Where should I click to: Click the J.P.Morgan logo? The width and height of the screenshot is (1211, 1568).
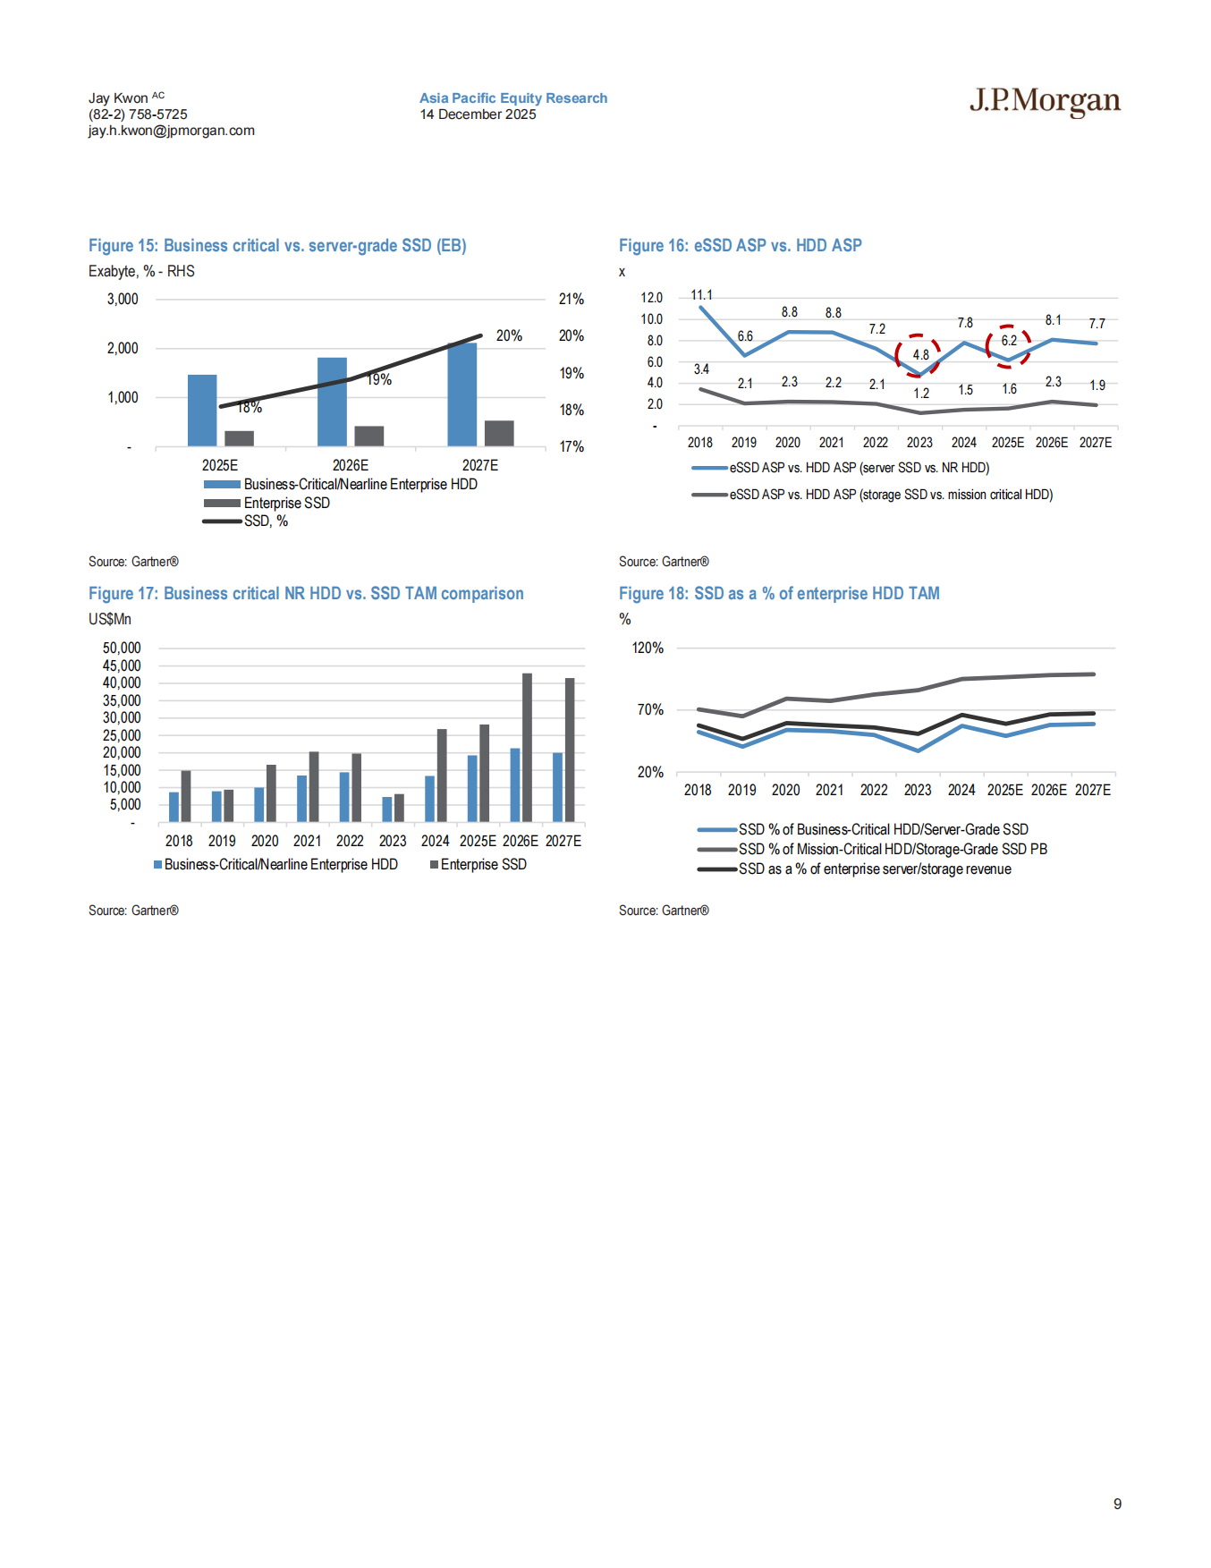tap(1044, 101)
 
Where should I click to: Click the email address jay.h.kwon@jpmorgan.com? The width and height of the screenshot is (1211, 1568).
tap(171, 131)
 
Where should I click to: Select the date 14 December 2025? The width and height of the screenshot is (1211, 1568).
tap(478, 114)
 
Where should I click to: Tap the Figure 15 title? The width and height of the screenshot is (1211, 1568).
tap(277, 245)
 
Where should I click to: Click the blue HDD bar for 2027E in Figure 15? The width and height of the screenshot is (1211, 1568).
tap(462, 394)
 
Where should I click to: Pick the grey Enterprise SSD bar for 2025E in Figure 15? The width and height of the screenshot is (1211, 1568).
tap(239, 438)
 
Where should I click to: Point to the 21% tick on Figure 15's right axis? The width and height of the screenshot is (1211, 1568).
tap(571, 299)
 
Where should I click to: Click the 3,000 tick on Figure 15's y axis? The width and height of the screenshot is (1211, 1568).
tap(123, 299)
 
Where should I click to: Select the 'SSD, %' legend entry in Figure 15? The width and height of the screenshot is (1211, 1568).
tap(266, 521)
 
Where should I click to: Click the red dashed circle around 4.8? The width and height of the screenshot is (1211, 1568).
tap(918, 355)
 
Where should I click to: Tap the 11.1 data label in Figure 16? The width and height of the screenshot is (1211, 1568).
tap(701, 295)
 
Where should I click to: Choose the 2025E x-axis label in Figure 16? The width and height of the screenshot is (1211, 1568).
tap(1007, 443)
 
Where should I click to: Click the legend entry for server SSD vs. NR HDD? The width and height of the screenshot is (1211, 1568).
tap(859, 468)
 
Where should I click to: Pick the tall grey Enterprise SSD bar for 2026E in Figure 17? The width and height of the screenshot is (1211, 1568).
tap(527, 747)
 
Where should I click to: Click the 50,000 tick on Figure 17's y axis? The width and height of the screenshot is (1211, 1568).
tap(122, 648)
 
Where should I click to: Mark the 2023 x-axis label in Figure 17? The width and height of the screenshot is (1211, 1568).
tap(392, 841)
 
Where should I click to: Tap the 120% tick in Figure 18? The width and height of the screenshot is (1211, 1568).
tap(648, 648)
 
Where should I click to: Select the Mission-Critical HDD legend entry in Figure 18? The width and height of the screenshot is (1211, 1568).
tap(892, 849)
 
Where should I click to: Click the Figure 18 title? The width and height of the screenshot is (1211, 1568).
tap(779, 593)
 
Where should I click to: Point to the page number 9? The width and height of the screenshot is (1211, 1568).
tap(1117, 1504)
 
